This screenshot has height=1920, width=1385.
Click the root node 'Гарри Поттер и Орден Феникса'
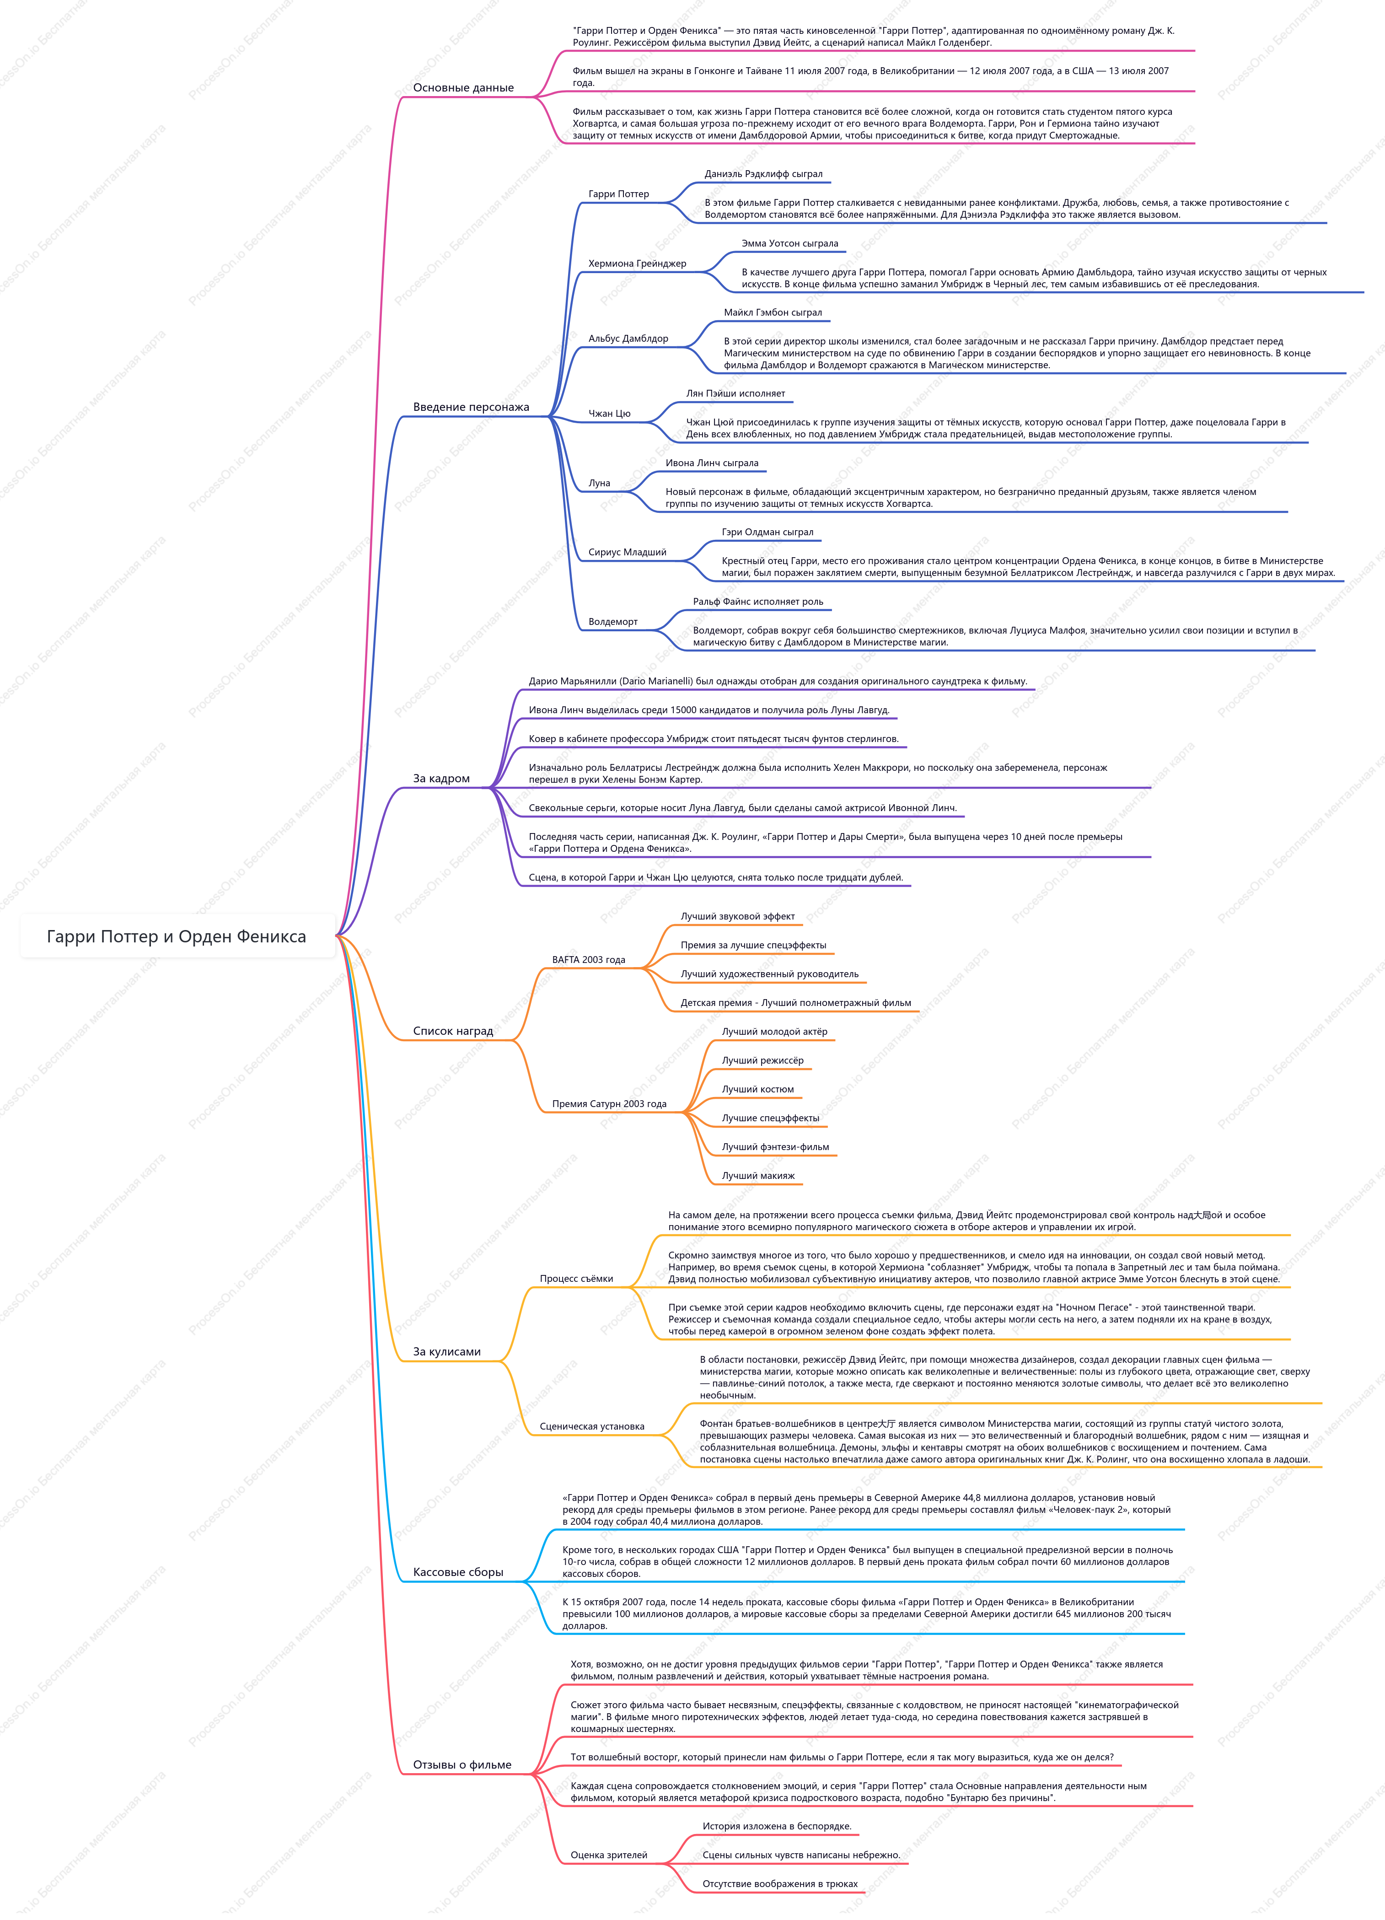click(176, 936)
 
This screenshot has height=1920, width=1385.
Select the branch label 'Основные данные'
click(463, 88)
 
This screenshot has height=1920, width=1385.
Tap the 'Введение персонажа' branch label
click(471, 407)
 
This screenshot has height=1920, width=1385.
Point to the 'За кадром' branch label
click(441, 779)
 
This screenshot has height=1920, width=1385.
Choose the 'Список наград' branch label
click(453, 1031)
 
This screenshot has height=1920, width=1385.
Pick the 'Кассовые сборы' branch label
click(458, 1572)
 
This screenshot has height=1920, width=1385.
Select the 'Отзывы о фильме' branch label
click(462, 1765)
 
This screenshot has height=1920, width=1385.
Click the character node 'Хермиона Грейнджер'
click(638, 264)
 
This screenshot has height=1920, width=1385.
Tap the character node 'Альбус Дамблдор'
click(628, 339)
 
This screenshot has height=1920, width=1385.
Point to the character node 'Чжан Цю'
click(610, 414)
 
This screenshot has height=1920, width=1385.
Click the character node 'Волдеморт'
click(613, 622)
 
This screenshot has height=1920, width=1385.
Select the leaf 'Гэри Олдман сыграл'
click(768, 532)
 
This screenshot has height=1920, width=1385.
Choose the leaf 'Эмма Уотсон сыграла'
click(790, 244)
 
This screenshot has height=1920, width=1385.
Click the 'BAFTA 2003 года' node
click(588, 960)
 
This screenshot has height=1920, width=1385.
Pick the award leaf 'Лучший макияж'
click(758, 1176)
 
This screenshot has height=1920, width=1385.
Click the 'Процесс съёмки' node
click(576, 1279)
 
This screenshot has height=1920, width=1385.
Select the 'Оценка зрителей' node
click(609, 1855)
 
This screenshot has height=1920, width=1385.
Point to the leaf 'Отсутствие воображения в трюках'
click(780, 1884)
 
